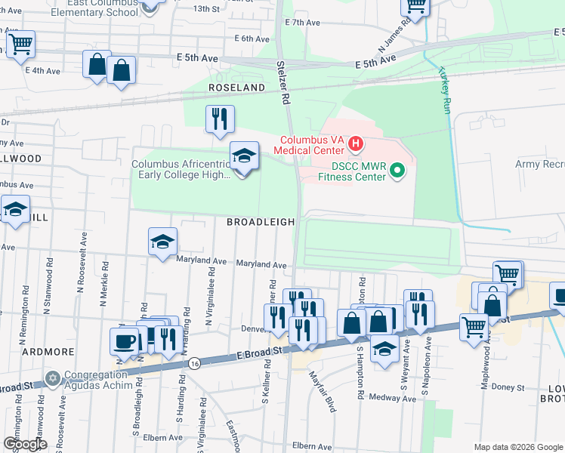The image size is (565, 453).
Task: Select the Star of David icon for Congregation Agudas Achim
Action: pyautogui.click(x=52, y=377)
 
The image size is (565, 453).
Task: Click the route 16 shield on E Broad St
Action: pyautogui.click(x=194, y=363)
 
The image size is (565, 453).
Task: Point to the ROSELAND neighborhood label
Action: pyautogui.click(x=237, y=88)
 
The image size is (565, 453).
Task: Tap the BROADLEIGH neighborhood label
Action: pyautogui.click(x=260, y=222)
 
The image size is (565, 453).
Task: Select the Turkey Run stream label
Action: pyautogui.click(x=443, y=91)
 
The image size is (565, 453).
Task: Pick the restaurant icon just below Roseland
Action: pyautogui.click(x=220, y=118)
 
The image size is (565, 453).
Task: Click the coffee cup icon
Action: pyautogui.click(x=125, y=341)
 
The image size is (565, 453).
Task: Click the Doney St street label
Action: pyautogui.click(x=508, y=387)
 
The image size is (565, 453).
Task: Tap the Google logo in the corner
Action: pyautogui.click(x=25, y=444)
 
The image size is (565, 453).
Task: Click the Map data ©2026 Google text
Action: pyautogui.click(x=517, y=447)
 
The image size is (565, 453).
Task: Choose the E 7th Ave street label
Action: pyautogui.click(x=304, y=23)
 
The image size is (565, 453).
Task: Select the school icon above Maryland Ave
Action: pyautogui.click(x=162, y=242)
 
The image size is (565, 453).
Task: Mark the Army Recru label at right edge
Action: pyautogui.click(x=539, y=164)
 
